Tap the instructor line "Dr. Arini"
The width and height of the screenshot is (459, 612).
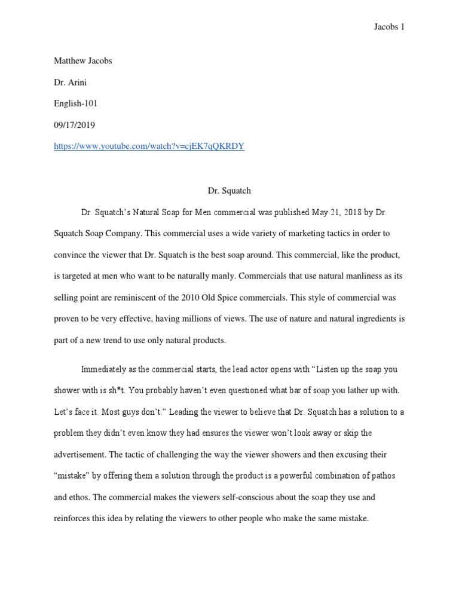click(x=71, y=82)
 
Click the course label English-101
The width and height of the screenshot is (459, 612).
click(x=76, y=103)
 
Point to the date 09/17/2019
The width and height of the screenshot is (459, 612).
click(x=75, y=125)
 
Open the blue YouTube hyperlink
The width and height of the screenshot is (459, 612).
click(x=149, y=146)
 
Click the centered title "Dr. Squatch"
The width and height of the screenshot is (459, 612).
click(x=229, y=191)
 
